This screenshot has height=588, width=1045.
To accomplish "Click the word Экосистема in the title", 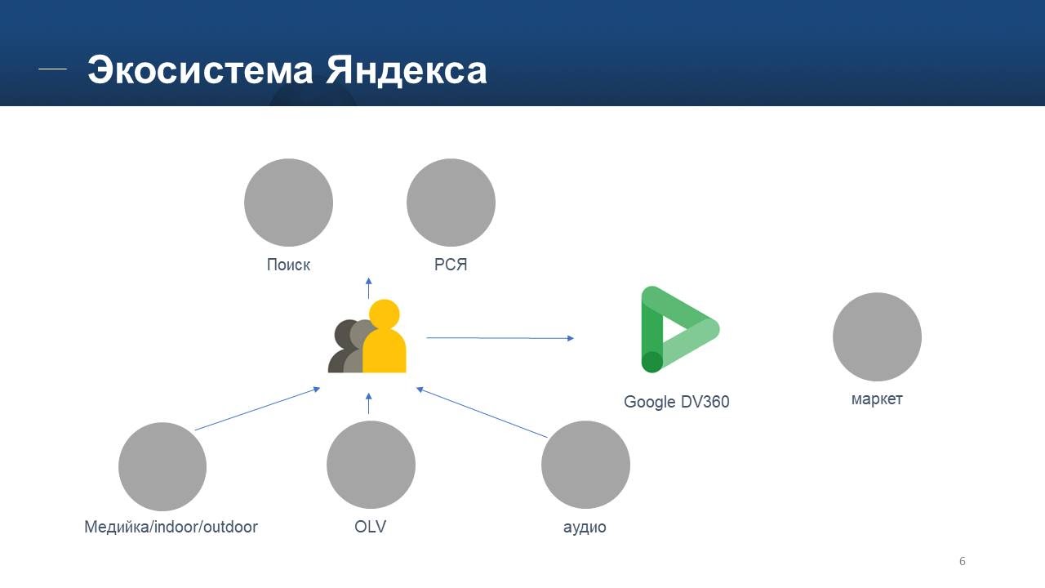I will [201, 70].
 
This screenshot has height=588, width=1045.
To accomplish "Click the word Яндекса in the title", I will [407, 70].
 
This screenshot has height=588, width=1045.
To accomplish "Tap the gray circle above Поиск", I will [288, 203].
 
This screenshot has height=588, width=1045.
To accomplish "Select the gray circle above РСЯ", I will [451, 203].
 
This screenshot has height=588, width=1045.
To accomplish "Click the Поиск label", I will [288, 265].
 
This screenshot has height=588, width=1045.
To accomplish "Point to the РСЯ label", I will [451, 265].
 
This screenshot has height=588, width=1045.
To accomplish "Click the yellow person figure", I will [384, 339].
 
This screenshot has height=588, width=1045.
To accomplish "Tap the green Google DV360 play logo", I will [676, 330].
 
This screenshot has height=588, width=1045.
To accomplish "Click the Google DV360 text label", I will [676, 402].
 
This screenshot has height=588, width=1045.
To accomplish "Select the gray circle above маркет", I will [877, 336].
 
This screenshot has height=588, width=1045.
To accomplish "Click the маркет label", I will [877, 399].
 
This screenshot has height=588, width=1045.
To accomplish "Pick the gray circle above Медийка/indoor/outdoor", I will [162, 466].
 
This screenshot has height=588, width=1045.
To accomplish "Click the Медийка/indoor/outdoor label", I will [171, 527].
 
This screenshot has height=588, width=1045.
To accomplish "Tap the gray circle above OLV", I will [371, 465].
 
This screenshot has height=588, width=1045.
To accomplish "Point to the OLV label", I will [371, 527].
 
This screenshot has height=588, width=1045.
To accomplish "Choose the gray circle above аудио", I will [585, 465].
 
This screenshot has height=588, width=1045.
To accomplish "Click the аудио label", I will [585, 528].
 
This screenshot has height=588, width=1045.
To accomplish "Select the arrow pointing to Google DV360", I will [500, 337].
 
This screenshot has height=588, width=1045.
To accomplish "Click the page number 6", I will [963, 561].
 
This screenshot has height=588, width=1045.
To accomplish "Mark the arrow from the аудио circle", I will [482, 412].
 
